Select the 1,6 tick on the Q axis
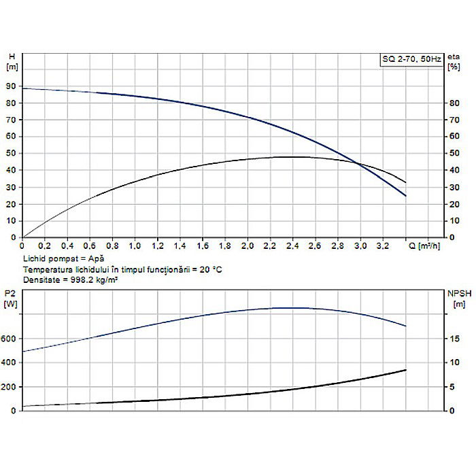tap(203, 245)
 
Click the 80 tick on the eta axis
tap(450, 103)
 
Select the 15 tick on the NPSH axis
tap(451, 339)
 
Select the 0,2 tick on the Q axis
tap(45, 245)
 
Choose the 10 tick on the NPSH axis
tap(451, 362)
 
